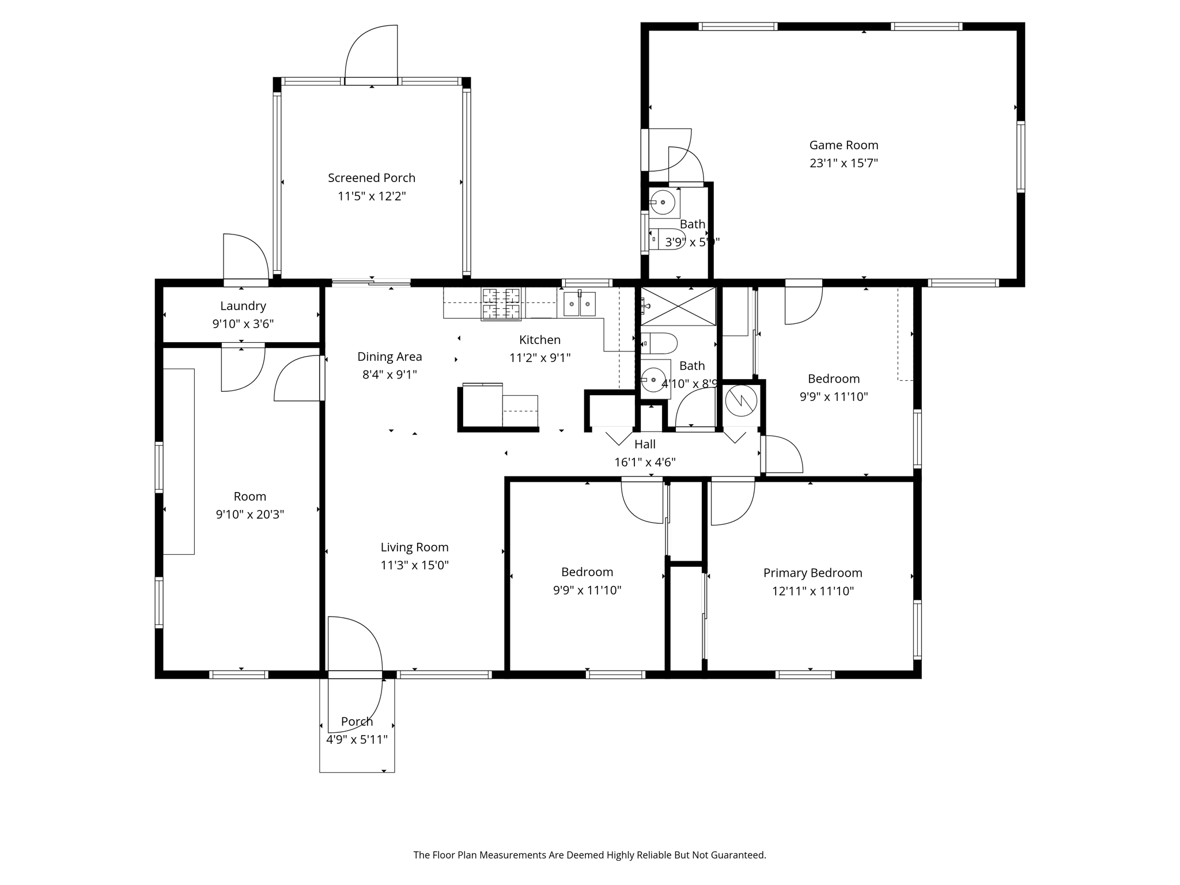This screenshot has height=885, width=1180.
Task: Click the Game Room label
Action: pos(844,145)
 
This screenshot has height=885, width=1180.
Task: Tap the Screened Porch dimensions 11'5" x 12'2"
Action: pos(372,196)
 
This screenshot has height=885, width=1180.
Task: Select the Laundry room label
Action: pos(243,306)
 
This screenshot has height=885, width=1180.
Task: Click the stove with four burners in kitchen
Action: pos(501,304)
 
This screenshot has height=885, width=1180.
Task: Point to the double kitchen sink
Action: pos(579,304)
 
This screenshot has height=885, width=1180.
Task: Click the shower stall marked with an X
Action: pos(678,307)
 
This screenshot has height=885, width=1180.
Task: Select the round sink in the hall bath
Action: pos(654,380)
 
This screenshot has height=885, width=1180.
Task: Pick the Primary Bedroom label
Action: pos(812,573)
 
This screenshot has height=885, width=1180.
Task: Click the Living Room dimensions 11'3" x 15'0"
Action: pos(414,565)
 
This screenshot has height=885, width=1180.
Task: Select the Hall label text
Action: pos(645,444)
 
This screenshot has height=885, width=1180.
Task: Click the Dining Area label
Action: pos(389,357)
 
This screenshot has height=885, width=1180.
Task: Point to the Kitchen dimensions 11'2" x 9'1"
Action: pos(540,358)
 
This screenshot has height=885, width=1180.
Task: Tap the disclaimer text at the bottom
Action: pos(589,855)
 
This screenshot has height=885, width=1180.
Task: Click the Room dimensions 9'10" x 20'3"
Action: pos(249,515)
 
